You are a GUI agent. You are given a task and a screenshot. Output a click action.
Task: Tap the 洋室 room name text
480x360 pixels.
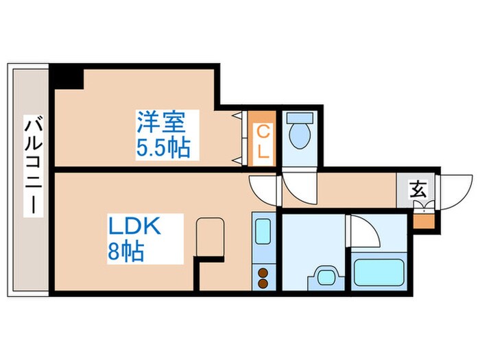coord(161,123)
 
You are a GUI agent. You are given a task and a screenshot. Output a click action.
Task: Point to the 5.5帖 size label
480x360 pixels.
coord(163,147)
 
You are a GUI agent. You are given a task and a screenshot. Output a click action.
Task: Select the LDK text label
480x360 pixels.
coord(134,227)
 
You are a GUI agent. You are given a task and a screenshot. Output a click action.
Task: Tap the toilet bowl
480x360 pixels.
coord(299,134)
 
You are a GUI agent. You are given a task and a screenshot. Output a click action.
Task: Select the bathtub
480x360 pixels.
coord(381,275)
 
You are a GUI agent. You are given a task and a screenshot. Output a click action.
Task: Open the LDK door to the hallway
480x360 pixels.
coord(263,186)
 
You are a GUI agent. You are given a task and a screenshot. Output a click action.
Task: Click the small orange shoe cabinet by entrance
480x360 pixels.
coord(424,221)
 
